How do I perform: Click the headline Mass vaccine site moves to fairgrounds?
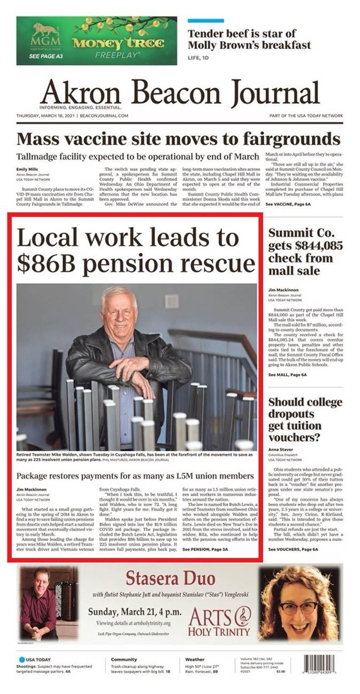[179, 139]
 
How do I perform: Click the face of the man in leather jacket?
[119, 310]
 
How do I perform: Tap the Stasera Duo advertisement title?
[170, 578]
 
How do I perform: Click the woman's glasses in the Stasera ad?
[297, 608]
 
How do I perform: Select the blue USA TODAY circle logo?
[22, 659]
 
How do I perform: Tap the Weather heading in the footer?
[194, 659]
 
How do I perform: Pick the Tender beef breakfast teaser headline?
[249, 40]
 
